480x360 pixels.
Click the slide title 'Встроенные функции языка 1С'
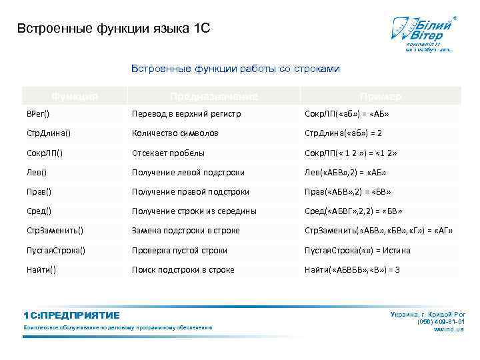[113, 29]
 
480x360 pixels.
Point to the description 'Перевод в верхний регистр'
[186, 114]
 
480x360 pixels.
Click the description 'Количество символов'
[175, 133]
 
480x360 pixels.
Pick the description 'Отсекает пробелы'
[168, 153]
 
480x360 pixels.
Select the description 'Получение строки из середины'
[194, 211]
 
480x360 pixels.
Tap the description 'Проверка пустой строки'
[179, 251]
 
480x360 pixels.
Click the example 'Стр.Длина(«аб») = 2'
[343, 133]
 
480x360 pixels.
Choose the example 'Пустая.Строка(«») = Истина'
[357, 251]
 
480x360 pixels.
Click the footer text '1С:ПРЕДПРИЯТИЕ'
[71, 315]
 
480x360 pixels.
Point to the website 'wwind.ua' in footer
[449, 329]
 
